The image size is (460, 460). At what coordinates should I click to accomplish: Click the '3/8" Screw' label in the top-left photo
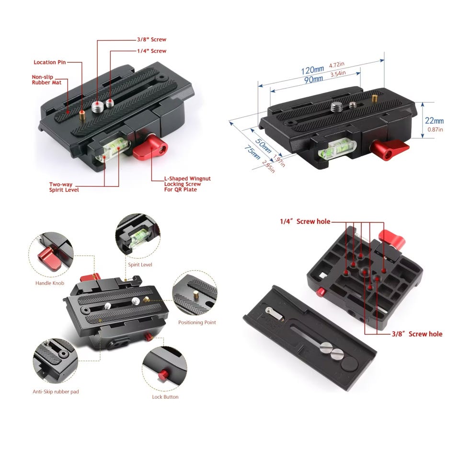152,39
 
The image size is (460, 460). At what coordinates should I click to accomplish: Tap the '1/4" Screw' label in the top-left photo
152,51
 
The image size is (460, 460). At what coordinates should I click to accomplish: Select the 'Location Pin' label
49,62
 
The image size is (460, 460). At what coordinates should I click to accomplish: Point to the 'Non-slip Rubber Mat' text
46,80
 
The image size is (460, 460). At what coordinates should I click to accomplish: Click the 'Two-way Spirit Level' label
64,187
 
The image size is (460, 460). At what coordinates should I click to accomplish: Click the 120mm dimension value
312,70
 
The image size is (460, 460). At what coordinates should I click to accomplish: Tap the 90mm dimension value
313,80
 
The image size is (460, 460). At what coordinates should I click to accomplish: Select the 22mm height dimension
434,121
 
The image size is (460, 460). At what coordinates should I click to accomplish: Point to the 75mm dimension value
252,152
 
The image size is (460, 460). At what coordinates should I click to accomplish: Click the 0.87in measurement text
435,129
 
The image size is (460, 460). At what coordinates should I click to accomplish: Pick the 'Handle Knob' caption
49,283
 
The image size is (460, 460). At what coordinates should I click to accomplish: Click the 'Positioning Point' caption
197,322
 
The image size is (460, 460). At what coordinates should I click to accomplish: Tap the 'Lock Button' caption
165,397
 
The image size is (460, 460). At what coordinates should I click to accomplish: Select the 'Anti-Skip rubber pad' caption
56,391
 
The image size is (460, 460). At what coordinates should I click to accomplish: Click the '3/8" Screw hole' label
417,334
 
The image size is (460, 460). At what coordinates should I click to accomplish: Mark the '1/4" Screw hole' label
305,221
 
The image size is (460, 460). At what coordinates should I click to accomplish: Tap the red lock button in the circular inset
163,375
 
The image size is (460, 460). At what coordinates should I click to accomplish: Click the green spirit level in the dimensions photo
337,149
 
